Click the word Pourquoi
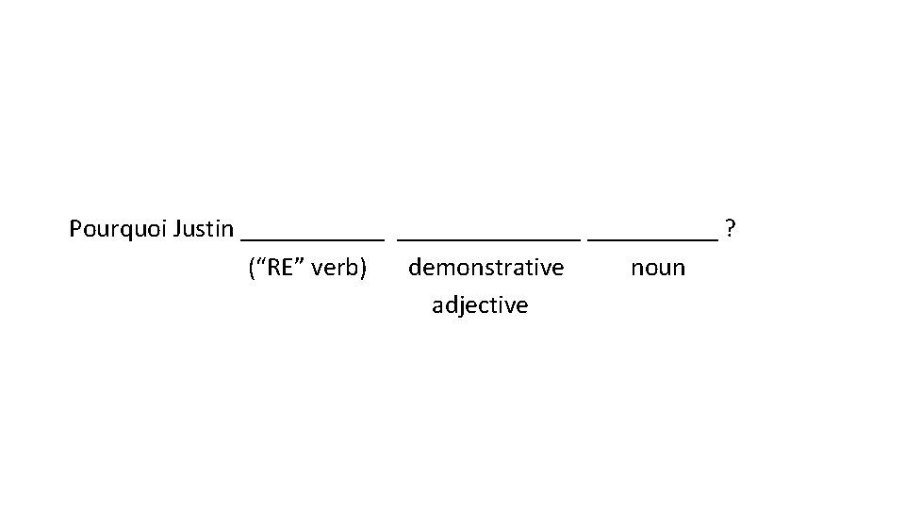click(119, 229)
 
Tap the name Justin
click(204, 229)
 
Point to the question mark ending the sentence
click(732, 229)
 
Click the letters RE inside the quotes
click(277, 268)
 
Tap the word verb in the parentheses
click(335, 269)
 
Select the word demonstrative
click(486, 268)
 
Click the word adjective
click(480, 305)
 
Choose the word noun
click(658, 269)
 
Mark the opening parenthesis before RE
click(251, 269)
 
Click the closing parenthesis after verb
click(363, 269)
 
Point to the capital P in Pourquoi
click(75, 229)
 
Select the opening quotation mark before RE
click(259, 264)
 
